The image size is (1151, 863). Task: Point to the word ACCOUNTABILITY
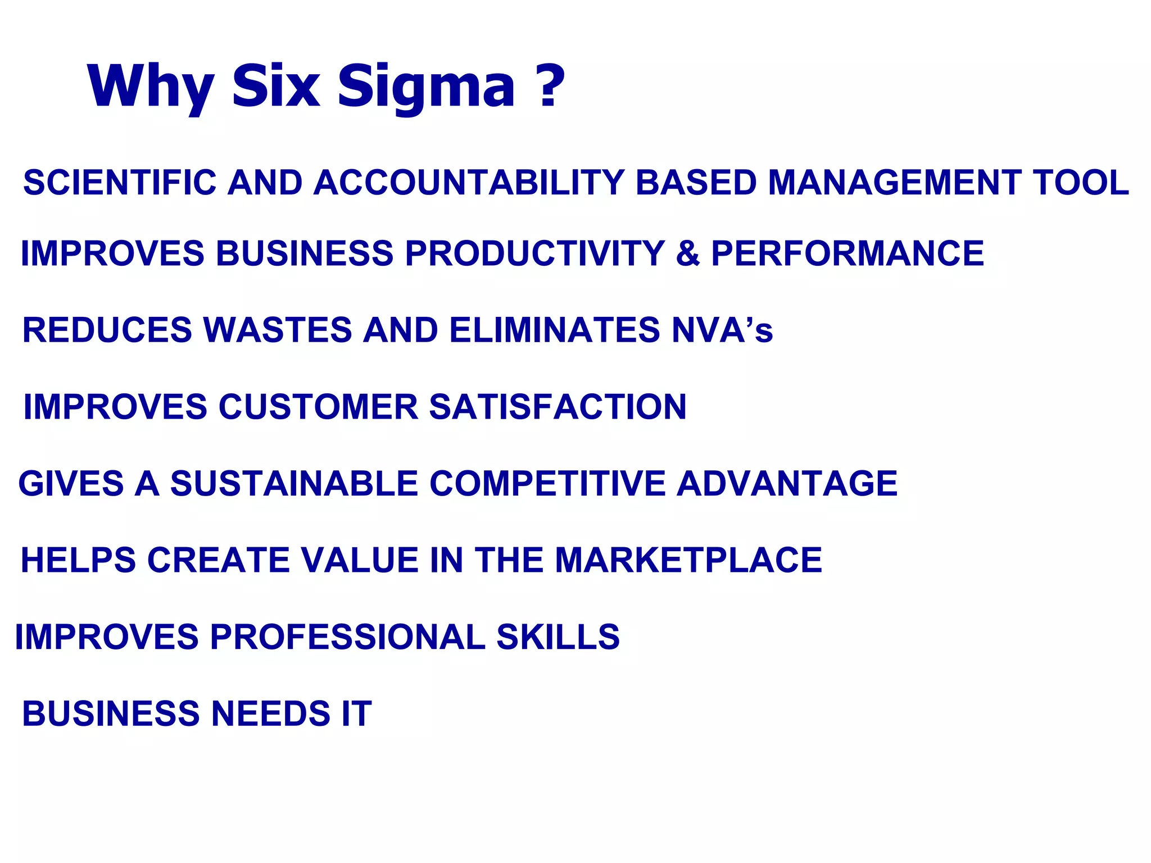point(469,183)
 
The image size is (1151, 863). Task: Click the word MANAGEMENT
point(894,183)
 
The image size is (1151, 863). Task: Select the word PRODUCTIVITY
point(534,253)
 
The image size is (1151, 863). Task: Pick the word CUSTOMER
point(318,407)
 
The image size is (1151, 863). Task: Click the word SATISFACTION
point(558,407)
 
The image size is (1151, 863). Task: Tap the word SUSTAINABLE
point(294,483)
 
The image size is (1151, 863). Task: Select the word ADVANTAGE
point(787,483)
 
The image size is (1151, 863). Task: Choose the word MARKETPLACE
point(688,560)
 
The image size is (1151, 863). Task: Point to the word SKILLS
point(558,637)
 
